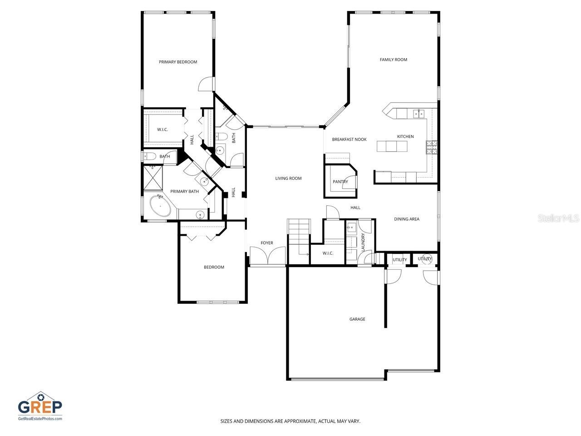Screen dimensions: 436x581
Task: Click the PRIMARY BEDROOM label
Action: [178, 62]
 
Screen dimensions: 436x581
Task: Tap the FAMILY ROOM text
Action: [393, 59]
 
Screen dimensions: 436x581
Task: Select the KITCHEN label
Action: [405, 136]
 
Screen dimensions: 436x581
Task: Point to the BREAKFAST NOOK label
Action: [349, 139]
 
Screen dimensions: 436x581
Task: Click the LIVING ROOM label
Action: [288, 178]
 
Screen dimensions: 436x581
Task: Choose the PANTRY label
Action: [340, 182]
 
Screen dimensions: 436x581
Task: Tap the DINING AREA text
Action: [406, 219]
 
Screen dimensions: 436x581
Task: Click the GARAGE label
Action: [357, 319]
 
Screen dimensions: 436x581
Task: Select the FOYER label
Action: [267, 243]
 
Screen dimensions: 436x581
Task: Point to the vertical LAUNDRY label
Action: [363, 242]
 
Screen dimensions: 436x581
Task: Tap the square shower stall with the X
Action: [153, 178]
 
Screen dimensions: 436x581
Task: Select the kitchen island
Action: [392, 146]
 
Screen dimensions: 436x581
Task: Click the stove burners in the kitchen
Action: [431, 147]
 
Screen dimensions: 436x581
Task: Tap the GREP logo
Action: [40, 406]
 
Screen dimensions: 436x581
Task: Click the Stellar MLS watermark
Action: [558, 218]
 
